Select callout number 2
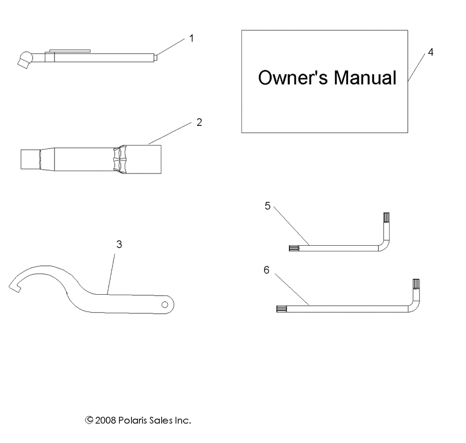tap(199, 123)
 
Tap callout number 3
tap(119, 244)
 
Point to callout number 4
tap(431, 52)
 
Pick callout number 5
tap(267, 206)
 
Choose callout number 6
tap(267, 270)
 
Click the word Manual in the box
tap(365, 78)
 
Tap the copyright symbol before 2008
tap(89, 420)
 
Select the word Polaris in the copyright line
tap(137, 420)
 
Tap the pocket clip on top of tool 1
tap(69, 48)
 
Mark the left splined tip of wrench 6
tap(283, 308)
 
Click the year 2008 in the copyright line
tap(106, 420)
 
